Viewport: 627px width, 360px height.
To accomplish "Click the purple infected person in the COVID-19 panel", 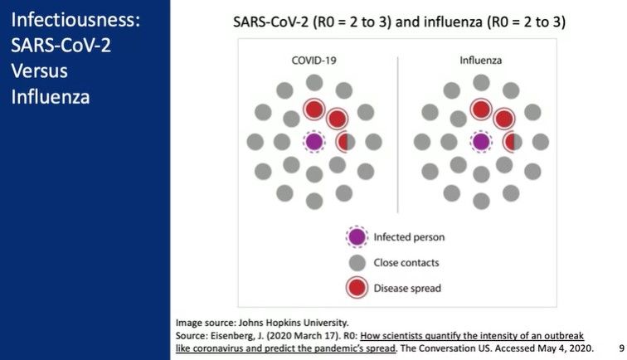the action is (x=313, y=142).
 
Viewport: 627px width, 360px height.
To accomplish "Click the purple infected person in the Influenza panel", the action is (x=481, y=142).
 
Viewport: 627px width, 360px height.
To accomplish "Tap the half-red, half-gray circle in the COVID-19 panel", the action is (x=345, y=142).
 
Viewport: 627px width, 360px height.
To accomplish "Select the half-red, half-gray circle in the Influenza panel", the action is (x=513, y=142).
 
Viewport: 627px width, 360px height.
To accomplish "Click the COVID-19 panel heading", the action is (x=313, y=61).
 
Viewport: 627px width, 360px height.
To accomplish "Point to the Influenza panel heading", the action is (x=481, y=61).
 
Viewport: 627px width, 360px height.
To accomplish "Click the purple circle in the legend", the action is (x=357, y=236).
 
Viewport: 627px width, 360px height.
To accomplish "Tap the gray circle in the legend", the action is (x=357, y=263).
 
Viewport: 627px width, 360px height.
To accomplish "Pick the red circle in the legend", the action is (x=357, y=288).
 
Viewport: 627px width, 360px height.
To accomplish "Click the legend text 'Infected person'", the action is (x=409, y=237).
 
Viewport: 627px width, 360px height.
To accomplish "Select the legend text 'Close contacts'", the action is (x=406, y=263).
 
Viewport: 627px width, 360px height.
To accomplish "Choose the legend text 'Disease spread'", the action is (x=407, y=289).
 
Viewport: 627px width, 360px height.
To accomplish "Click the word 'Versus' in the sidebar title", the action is (x=39, y=71).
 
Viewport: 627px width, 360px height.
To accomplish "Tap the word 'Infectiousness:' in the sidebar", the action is (x=75, y=20).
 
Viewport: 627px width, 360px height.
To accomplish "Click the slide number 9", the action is (x=621, y=348).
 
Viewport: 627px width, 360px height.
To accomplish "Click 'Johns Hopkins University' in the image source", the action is (x=294, y=323).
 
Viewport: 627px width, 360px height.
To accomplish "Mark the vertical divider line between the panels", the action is (x=398, y=134).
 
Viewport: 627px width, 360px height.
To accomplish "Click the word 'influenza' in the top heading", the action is (x=453, y=22).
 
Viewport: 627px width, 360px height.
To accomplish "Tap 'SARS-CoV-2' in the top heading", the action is (x=270, y=22).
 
